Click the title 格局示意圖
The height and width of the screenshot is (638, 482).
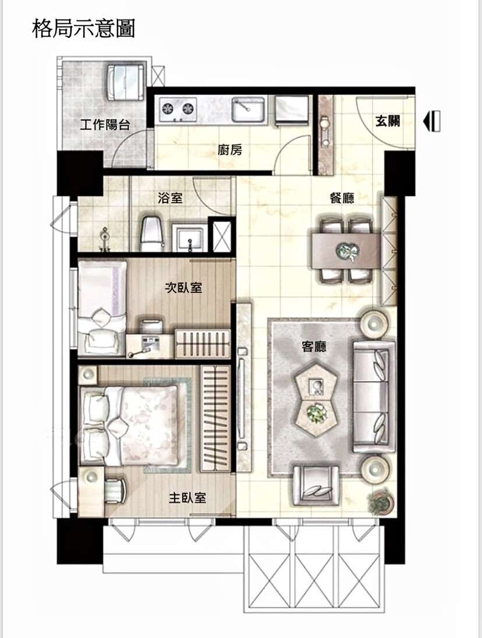tap(83, 29)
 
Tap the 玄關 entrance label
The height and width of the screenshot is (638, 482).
tap(388, 121)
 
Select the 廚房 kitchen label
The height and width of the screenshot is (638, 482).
tap(230, 150)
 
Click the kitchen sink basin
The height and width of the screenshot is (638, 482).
tap(249, 109)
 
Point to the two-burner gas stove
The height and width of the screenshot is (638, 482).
tap(178, 109)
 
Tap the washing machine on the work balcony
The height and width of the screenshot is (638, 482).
tap(126, 82)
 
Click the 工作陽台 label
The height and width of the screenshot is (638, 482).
tap(105, 124)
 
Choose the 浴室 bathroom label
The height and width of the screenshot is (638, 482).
tap(171, 198)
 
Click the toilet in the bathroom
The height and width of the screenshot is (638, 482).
tap(152, 233)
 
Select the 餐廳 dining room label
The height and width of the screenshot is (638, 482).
tap(342, 198)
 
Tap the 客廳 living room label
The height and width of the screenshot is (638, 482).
tap(314, 347)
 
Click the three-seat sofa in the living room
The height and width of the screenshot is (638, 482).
tap(374, 397)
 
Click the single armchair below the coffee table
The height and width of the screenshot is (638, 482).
tap(316, 484)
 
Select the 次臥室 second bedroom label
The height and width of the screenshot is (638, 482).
tap(183, 288)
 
